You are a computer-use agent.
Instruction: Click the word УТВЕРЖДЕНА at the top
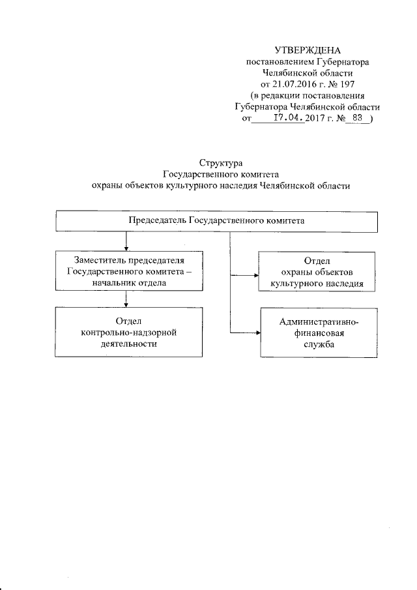[x=308, y=50]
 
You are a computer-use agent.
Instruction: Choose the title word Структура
[x=220, y=162]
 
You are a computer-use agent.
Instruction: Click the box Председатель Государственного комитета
[x=216, y=221]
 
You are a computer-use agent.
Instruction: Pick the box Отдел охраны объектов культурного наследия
[x=317, y=273]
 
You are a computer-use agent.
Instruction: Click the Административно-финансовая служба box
[x=317, y=333]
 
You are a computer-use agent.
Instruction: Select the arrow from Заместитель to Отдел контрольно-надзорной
[x=126, y=299]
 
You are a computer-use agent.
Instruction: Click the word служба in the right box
[x=317, y=346]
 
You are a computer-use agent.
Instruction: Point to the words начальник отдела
[x=126, y=283]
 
